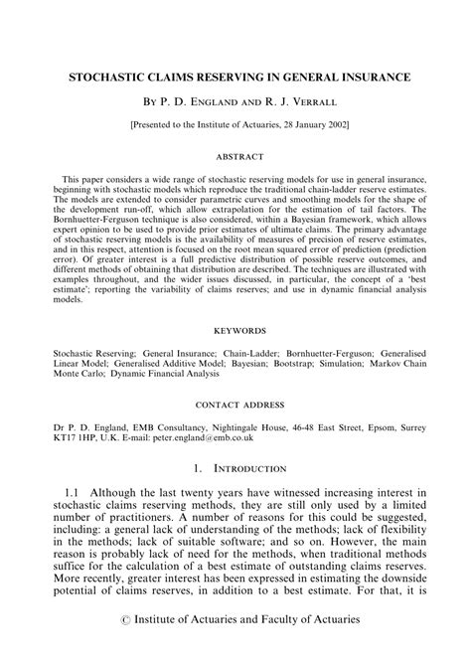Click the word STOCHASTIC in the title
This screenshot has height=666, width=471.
pyautogui.click(x=112, y=76)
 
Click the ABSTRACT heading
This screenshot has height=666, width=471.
pyautogui.click(x=235, y=155)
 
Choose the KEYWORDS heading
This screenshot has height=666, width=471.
pyautogui.click(x=235, y=325)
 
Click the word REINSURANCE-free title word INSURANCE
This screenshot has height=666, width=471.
pyautogui.click(x=344, y=76)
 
